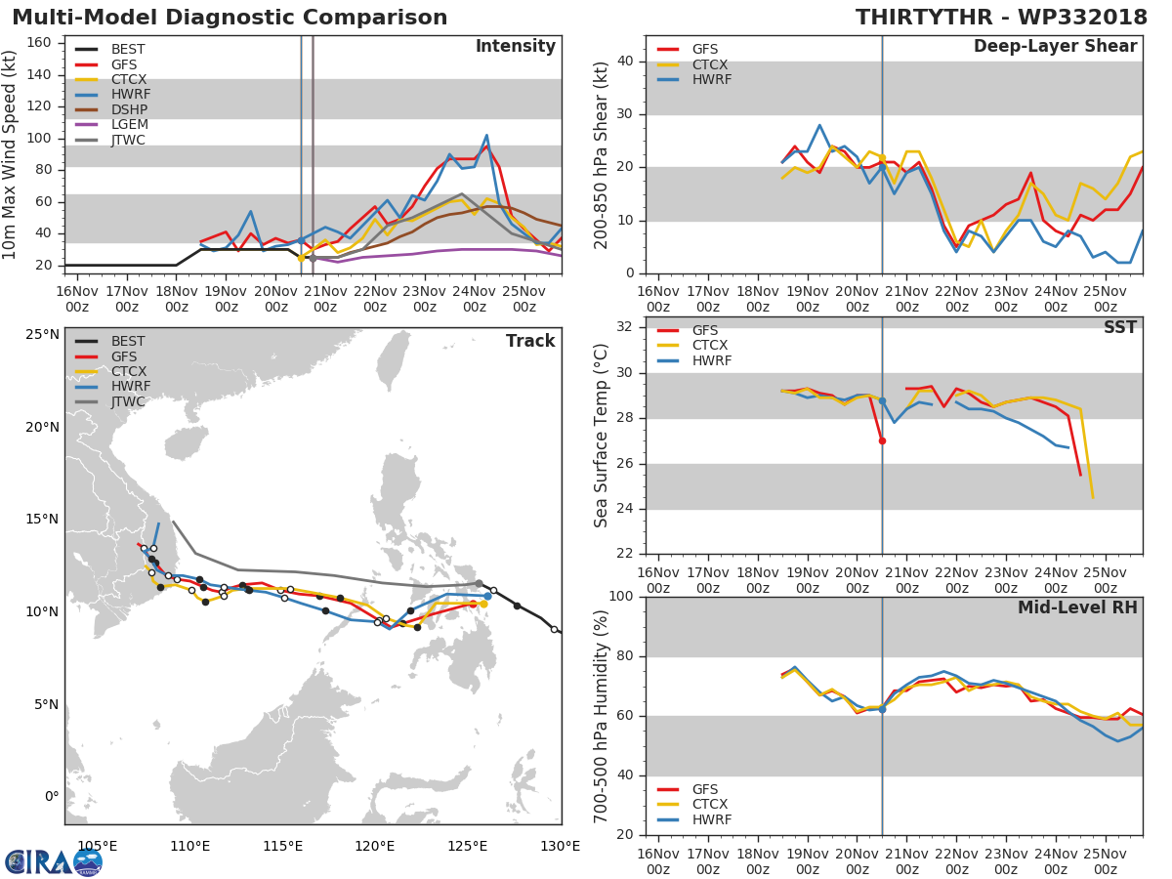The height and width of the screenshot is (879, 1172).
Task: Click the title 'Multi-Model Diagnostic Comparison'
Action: tap(230, 18)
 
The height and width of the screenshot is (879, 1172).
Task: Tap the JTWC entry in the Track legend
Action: tap(128, 401)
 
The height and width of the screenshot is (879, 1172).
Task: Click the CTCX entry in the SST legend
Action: tap(711, 346)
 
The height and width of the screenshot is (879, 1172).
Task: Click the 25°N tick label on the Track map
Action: tap(41, 335)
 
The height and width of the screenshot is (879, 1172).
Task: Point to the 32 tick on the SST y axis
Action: tap(624, 327)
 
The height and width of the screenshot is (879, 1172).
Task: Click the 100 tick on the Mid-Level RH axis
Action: tap(620, 597)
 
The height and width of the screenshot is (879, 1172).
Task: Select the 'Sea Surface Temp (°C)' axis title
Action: tap(602, 437)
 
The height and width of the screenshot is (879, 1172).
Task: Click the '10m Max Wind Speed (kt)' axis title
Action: tap(11, 154)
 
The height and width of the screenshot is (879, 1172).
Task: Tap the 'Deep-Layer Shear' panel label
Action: tap(1055, 47)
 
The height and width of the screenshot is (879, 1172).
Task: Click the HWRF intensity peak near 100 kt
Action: tap(486, 136)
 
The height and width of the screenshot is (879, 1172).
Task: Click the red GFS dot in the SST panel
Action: tap(882, 440)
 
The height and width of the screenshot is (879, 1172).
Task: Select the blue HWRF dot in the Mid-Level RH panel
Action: tap(882, 709)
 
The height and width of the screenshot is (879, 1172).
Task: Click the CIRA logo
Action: tap(54, 861)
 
